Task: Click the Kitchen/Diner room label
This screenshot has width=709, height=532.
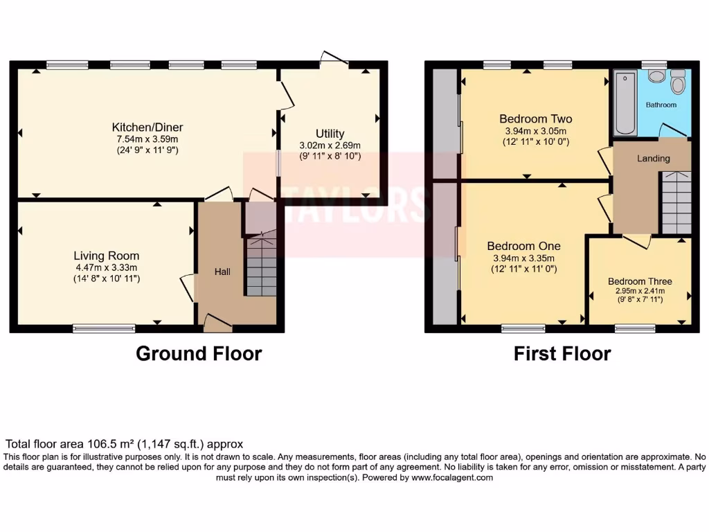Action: (x=147, y=127)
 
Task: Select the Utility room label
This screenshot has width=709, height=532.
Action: (x=330, y=134)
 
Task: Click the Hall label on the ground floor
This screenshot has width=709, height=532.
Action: (x=222, y=272)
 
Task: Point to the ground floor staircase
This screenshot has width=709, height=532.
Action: (x=261, y=267)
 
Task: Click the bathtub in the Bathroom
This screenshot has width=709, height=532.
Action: (x=625, y=103)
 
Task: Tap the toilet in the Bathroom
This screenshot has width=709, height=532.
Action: (x=678, y=84)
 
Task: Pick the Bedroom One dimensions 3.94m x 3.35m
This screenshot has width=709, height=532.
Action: (x=524, y=258)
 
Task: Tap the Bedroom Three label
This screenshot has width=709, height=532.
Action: (x=640, y=281)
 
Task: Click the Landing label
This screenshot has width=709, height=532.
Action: (x=654, y=159)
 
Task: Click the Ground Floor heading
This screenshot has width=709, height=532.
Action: (x=199, y=354)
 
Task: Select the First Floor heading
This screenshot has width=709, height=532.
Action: (x=562, y=354)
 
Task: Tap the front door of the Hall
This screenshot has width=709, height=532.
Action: (x=217, y=321)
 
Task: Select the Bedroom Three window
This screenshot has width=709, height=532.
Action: (x=629, y=329)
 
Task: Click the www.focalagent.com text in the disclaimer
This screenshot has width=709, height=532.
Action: (x=452, y=478)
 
